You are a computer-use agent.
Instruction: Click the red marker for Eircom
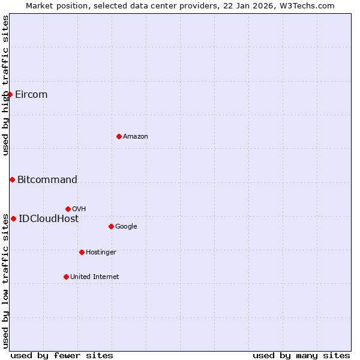pyautogui.click(x=10, y=94)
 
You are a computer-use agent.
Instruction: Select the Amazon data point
pyautogui.click(x=119, y=136)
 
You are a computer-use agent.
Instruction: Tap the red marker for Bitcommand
pyautogui.click(x=12, y=179)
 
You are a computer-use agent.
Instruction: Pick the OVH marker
pyautogui.click(x=68, y=209)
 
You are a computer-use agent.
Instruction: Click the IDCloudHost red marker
pyautogui.click(x=13, y=218)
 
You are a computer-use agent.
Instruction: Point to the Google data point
pyautogui.click(x=111, y=226)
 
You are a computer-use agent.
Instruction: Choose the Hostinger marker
pyautogui.click(x=82, y=252)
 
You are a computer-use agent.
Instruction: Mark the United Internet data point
pyautogui.click(x=66, y=277)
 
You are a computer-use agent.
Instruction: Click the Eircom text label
pyautogui.click(x=31, y=95)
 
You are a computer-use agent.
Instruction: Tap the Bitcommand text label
pyautogui.click(x=47, y=180)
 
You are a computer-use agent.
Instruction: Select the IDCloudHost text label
pyautogui.click(x=49, y=219)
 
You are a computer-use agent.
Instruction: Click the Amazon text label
pyautogui.click(x=136, y=137)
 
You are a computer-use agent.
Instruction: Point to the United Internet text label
pyautogui.click(x=94, y=277)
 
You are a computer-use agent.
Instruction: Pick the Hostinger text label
pyautogui.click(x=101, y=253)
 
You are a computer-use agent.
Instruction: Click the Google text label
pyautogui.click(x=126, y=227)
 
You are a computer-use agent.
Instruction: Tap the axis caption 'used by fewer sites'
pyautogui.click(x=62, y=355)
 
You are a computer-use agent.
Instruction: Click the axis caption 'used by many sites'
pyautogui.click(x=301, y=355)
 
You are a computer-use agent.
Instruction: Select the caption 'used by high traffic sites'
pyautogui.click(x=6, y=85)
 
